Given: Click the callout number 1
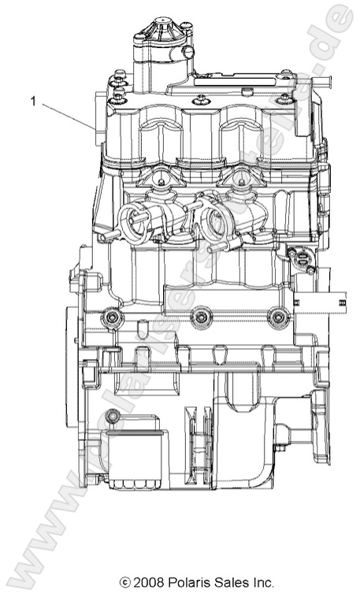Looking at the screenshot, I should [32, 100].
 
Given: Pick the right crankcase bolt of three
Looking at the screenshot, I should [276, 317].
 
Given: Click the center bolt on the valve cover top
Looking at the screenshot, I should [202, 99].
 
